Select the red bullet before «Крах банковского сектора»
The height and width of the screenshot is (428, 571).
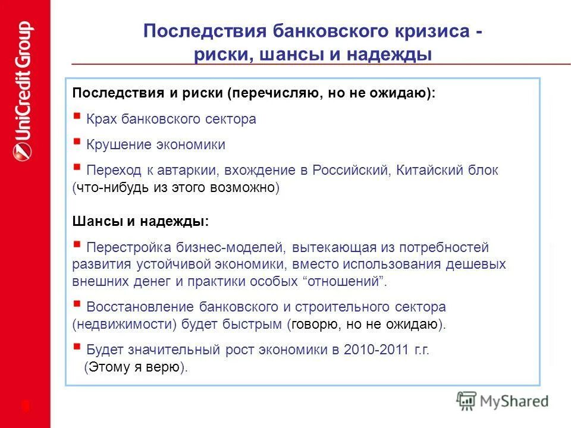pyautogui.click(x=77, y=117)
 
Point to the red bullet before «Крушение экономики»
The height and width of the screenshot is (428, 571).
pyautogui.click(x=77, y=142)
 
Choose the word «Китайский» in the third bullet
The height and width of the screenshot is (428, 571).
pyautogui.click(x=428, y=170)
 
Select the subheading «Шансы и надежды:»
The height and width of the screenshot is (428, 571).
pyautogui.click(x=140, y=221)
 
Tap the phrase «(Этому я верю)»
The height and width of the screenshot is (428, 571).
pyautogui.click(x=136, y=367)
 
